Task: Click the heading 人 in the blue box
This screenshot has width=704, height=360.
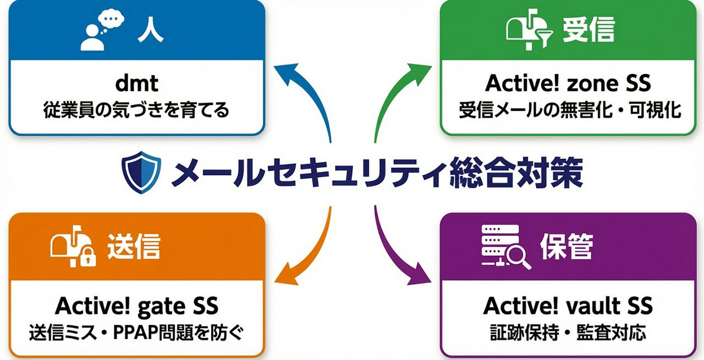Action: (x=150, y=32)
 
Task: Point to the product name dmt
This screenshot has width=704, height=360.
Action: (x=136, y=84)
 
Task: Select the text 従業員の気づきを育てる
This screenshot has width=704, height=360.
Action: (x=136, y=110)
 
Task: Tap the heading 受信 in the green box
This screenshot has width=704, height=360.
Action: (x=588, y=32)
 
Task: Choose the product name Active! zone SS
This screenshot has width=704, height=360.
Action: (x=568, y=84)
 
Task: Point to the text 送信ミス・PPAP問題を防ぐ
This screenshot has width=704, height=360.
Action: (x=136, y=333)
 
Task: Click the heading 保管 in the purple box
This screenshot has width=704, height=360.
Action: (x=566, y=247)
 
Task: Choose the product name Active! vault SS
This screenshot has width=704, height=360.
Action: (x=568, y=305)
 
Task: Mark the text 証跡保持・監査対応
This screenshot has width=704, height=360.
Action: (x=568, y=333)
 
